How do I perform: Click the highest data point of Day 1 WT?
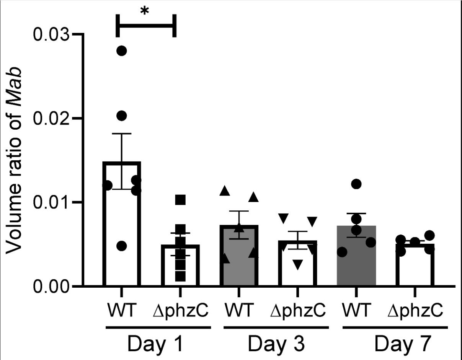(x=121, y=51)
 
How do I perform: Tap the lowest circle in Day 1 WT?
(x=121, y=246)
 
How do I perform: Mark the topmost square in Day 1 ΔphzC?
(x=180, y=199)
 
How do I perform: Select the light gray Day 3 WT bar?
(x=239, y=264)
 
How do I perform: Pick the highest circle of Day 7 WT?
(x=356, y=184)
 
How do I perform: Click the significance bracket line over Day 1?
(x=146, y=26)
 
